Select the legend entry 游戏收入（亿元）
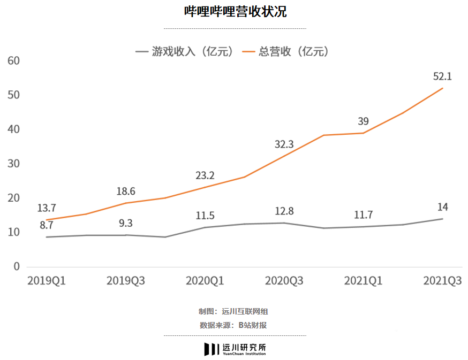[x=185, y=52]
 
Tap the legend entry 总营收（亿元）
[x=285, y=52]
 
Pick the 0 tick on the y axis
[x=17, y=266]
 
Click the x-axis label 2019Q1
[x=47, y=281]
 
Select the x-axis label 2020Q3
[x=284, y=281]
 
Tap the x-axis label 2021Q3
[x=443, y=281]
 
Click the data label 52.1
[x=442, y=76]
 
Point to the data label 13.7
[x=47, y=208]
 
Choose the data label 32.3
[x=284, y=143]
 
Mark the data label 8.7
[x=47, y=226]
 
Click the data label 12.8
[x=284, y=211]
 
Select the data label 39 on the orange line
[x=363, y=121]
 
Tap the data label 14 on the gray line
[x=443, y=207]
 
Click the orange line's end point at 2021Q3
[x=443, y=88]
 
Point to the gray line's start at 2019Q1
[x=47, y=237]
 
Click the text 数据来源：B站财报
[x=233, y=325]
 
